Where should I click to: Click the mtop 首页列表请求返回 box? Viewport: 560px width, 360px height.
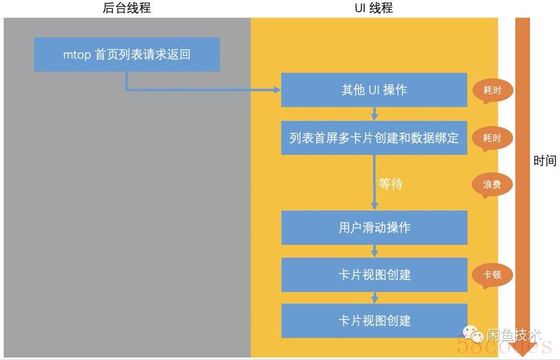(127, 54)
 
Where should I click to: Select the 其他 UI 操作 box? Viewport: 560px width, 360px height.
(374, 90)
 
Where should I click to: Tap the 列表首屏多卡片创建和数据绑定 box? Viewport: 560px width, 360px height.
(374, 138)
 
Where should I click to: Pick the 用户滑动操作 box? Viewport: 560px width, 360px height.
(374, 228)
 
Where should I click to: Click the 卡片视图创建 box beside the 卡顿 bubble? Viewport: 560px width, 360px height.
(374, 274)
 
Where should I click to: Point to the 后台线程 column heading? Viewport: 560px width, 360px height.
(127, 8)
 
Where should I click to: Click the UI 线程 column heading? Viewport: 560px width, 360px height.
(373, 8)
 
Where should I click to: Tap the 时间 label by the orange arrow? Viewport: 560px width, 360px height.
(545, 161)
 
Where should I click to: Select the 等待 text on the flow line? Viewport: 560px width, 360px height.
(390, 184)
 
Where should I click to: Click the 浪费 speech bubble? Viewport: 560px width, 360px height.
(492, 185)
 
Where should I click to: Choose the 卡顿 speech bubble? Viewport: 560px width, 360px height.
(492, 274)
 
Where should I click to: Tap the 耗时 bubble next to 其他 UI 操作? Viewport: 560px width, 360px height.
(492, 91)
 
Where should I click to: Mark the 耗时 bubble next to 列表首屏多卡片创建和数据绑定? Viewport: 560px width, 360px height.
(492, 138)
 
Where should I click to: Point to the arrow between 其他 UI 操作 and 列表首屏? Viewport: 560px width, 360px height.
(374, 114)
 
